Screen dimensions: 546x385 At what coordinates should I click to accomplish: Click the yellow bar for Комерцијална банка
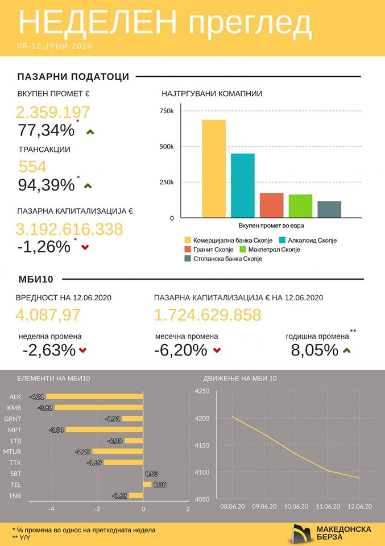(x=214, y=169)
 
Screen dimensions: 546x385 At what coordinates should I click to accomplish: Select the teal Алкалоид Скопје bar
(x=243, y=186)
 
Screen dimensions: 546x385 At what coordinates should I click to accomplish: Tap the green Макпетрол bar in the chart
(x=300, y=206)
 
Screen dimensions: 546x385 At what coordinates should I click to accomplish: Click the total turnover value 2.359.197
(x=53, y=112)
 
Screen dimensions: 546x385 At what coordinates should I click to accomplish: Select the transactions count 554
(x=32, y=167)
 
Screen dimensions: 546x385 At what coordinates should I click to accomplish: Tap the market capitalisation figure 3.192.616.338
(x=69, y=229)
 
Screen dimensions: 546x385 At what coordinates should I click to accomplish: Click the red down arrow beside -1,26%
(x=85, y=247)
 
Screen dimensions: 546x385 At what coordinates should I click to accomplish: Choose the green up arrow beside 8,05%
(x=347, y=350)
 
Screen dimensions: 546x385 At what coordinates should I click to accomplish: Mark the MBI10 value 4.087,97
(x=49, y=315)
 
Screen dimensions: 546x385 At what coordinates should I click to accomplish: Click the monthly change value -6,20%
(x=180, y=350)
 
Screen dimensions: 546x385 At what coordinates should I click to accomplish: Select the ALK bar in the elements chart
(x=94, y=396)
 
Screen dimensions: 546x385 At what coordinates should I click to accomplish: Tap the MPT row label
(x=15, y=429)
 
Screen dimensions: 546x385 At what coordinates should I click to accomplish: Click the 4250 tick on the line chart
(x=202, y=391)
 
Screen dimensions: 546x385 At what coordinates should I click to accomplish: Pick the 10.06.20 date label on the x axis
(x=296, y=506)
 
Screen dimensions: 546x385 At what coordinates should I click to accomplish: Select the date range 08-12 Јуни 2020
(x=55, y=45)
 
